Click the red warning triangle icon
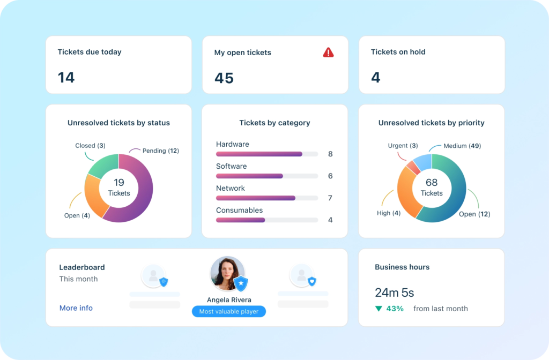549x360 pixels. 328,52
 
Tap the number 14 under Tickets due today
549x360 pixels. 66,78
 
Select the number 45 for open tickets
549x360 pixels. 224,78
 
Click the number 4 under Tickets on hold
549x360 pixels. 375,78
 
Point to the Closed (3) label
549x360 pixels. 90,146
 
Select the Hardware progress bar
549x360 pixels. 259,154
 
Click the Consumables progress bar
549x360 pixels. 241,220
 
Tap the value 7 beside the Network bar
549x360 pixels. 330,198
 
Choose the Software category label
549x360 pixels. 231,166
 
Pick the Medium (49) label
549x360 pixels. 462,146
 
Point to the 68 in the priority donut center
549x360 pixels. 432,183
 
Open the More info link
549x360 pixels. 76,308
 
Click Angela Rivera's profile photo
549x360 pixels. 227,273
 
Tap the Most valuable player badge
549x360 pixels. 229,311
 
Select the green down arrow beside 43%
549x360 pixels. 379,309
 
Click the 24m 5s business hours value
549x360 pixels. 394,292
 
